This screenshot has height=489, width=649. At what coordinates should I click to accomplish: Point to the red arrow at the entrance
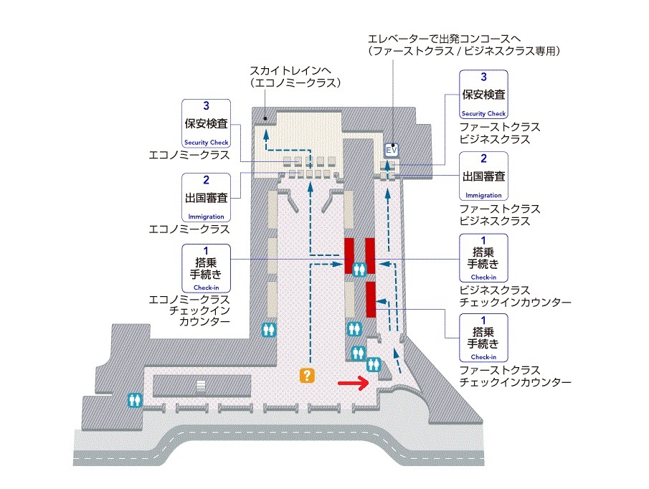(354, 384)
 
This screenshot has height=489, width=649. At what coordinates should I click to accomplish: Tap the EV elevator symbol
(392, 150)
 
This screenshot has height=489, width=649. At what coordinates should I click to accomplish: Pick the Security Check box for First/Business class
(483, 94)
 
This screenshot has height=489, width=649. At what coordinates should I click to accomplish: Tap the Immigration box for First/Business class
(483, 176)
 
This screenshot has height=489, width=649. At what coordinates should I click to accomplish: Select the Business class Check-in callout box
(483, 258)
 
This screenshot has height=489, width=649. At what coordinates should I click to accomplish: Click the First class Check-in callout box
(483, 338)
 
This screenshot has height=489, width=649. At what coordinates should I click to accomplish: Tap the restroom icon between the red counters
(360, 268)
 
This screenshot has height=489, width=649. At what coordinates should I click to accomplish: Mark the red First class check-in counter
(371, 299)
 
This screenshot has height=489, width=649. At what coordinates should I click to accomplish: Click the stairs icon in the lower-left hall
(201, 385)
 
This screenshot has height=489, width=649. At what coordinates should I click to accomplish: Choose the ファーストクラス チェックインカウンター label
(515, 376)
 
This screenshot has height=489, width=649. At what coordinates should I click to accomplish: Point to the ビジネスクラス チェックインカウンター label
(515, 296)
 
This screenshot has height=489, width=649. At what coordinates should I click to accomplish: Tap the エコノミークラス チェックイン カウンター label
(189, 310)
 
